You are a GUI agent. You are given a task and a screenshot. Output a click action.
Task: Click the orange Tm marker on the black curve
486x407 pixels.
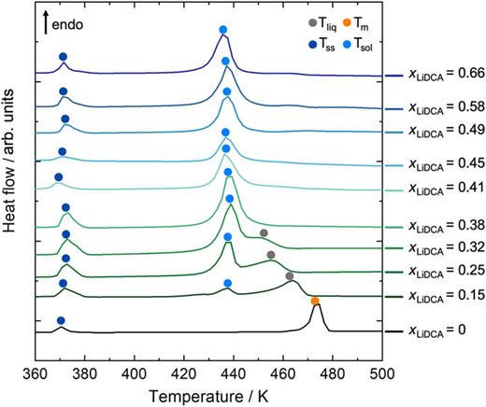click(x=315, y=302)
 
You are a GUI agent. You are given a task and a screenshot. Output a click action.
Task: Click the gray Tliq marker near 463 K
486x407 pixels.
click(x=290, y=276)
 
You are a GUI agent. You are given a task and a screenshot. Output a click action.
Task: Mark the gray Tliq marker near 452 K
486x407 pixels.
click(x=264, y=232)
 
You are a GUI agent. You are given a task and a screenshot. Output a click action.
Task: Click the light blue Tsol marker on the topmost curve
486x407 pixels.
click(x=222, y=31)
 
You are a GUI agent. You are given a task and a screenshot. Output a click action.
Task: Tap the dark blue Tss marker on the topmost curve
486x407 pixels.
click(x=63, y=57)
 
